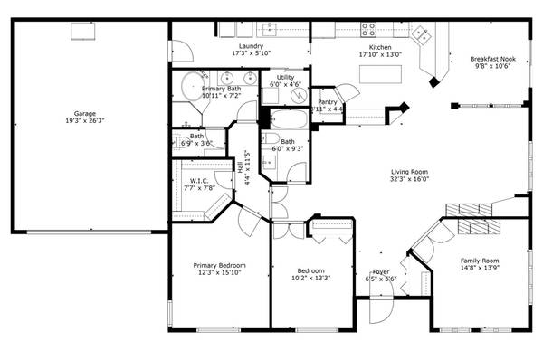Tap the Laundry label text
[x=251, y=45]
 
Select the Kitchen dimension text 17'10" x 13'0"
[x=379, y=53]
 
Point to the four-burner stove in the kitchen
[x=369, y=26]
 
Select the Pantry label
[x=327, y=102]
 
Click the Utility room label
[x=285, y=78]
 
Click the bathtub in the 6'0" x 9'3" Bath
[x=285, y=119]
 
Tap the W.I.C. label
[x=200, y=181]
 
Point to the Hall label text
[x=241, y=167]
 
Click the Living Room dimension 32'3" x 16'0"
[x=409, y=179]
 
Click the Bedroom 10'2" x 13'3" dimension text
[x=310, y=279]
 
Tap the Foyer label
[x=380, y=271]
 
